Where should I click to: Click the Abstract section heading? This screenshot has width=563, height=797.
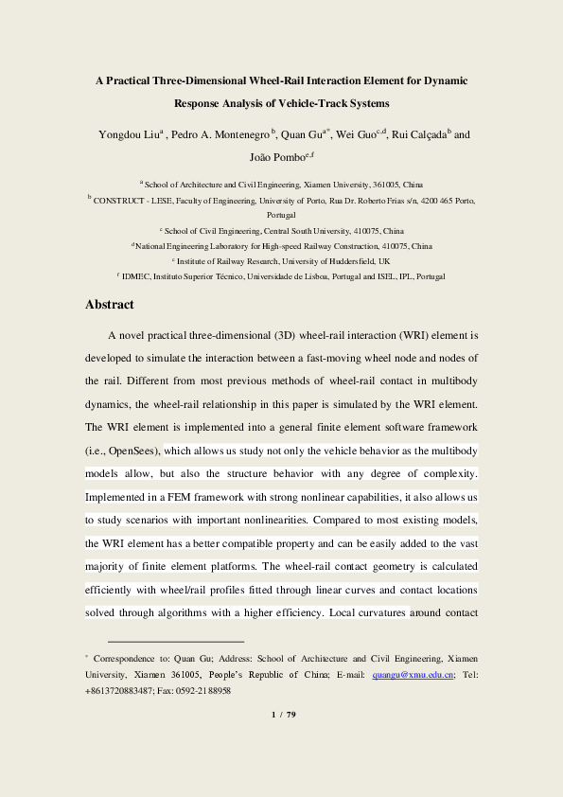coord(110,305)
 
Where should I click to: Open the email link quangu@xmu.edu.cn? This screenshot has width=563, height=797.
coord(413,675)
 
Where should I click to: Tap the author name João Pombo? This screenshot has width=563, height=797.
coord(273,156)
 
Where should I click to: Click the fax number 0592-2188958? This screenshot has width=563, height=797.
coord(208,691)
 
